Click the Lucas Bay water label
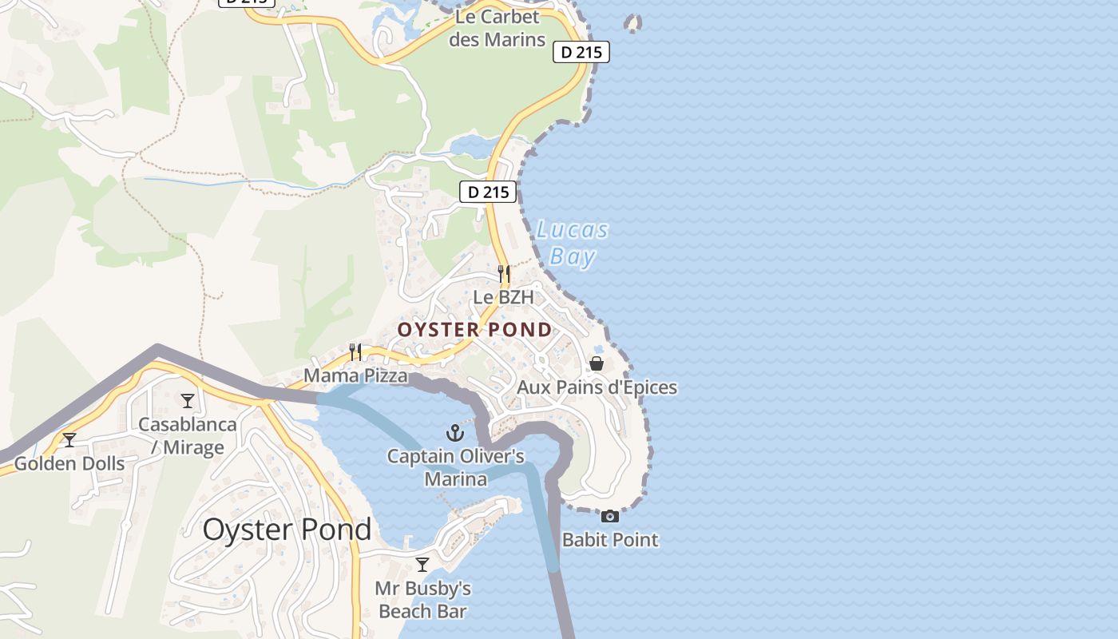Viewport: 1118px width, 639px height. [x=573, y=244]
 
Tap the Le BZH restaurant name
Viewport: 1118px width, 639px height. [x=502, y=297]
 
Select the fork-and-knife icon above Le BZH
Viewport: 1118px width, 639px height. [x=504, y=274]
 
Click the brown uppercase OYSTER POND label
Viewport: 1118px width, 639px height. [x=475, y=330]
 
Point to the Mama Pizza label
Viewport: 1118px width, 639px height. [x=355, y=375]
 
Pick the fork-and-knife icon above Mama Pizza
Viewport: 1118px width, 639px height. [x=355, y=351]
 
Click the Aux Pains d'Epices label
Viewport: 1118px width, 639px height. [x=597, y=387]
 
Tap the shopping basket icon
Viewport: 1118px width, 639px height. [x=597, y=364]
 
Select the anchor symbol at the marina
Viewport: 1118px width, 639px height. [x=455, y=434]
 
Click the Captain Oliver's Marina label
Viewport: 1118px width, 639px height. [x=455, y=467]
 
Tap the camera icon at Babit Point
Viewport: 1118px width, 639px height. [x=610, y=516]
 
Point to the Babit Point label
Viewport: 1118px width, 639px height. [x=610, y=539]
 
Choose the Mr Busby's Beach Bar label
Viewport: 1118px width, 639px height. [x=422, y=600]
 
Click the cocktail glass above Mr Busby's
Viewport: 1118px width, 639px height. [x=422, y=565]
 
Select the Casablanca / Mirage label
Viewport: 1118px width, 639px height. [x=188, y=435]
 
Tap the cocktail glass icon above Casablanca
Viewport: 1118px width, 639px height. [x=188, y=401]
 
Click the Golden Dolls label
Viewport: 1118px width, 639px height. [x=69, y=463]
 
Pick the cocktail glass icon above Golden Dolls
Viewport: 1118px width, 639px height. [x=69, y=440]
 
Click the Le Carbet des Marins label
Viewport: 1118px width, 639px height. [x=497, y=28]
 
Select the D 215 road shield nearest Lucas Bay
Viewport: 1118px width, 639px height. [x=488, y=192]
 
